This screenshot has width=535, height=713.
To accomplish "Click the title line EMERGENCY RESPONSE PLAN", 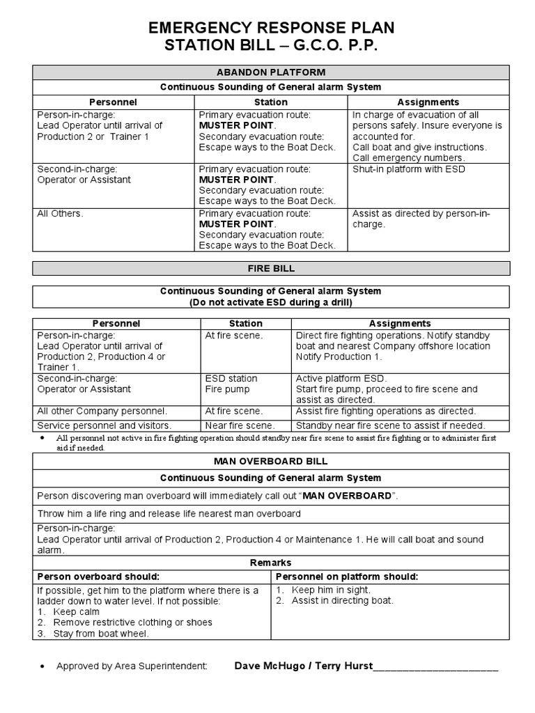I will (x=271, y=28).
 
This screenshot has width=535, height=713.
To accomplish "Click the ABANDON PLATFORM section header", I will (x=271, y=72).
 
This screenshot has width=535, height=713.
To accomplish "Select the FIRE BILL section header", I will (x=271, y=268).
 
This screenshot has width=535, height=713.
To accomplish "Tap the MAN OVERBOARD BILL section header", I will (x=271, y=461).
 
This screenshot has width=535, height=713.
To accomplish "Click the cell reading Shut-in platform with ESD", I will (x=409, y=169).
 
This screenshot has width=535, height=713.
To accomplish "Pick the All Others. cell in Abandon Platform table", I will (x=60, y=214).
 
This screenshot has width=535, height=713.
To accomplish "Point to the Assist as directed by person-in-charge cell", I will (x=421, y=219).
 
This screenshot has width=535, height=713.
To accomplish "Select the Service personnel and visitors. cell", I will (x=104, y=425).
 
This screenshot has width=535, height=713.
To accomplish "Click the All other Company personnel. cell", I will (x=102, y=411).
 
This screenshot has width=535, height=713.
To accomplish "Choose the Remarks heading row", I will (x=271, y=563).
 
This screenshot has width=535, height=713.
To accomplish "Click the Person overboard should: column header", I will (x=98, y=577).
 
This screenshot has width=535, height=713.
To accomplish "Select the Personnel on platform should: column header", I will (x=347, y=577).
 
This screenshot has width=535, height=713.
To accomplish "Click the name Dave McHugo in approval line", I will (x=267, y=666).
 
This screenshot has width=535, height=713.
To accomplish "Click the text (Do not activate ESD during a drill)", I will (x=271, y=302).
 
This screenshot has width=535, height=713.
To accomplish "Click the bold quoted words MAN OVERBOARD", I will (x=347, y=495).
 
